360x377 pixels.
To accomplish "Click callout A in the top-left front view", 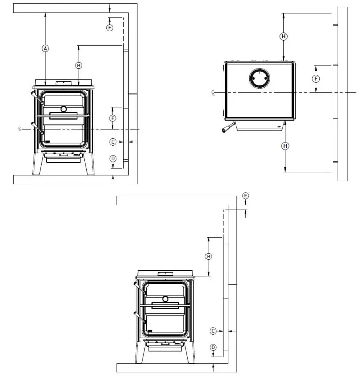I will (45, 49).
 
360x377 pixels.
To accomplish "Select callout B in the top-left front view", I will (79, 65).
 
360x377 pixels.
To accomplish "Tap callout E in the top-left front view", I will (110, 27).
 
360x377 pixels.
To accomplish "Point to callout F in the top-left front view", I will (113, 118).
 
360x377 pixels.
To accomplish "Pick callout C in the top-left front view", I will (113, 142).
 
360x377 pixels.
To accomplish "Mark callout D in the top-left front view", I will (113, 159).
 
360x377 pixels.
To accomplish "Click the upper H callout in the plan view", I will (284, 36).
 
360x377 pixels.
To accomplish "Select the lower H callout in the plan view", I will (286, 146).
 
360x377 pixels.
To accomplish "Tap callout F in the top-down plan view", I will (316, 79).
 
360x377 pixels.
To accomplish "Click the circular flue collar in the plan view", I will (260, 79).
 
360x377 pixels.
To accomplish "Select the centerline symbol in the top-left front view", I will (20, 129).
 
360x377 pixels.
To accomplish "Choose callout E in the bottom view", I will (246, 196).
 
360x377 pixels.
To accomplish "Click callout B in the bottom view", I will (208, 256).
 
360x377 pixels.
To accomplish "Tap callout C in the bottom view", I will (213, 331).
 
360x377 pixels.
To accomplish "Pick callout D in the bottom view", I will (213, 347).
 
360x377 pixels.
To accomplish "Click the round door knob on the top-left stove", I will (64, 109).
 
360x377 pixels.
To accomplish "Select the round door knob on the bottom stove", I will (165, 299).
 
